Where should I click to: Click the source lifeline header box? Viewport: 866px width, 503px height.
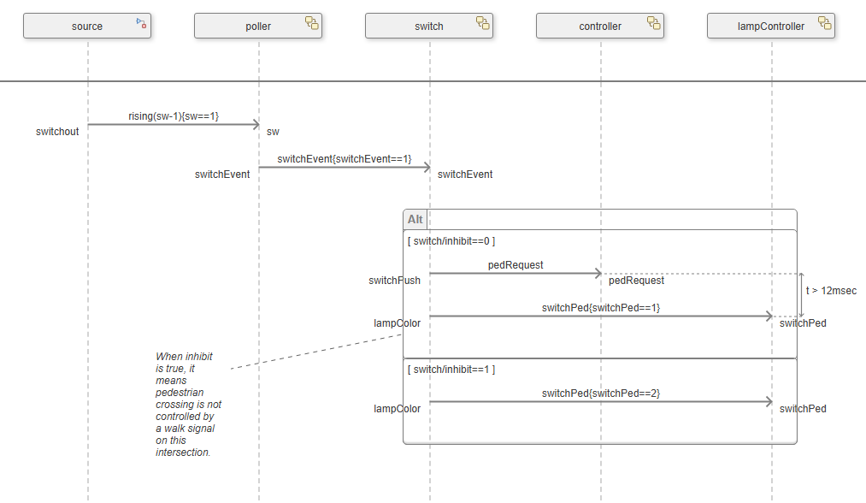(87, 27)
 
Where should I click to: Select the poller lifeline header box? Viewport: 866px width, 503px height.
(258, 27)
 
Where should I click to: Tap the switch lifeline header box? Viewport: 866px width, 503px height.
(429, 27)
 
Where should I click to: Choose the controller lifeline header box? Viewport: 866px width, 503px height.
(600, 27)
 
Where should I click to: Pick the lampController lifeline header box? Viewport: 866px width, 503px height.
(771, 27)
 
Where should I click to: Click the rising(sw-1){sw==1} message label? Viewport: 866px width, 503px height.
(174, 115)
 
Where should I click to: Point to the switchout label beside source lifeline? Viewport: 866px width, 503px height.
(57, 132)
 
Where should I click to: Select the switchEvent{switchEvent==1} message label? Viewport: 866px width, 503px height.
(345, 158)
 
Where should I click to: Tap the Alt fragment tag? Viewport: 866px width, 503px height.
(415, 220)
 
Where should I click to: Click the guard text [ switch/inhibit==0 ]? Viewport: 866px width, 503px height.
(451, 241)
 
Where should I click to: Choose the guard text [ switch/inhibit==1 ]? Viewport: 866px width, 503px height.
(451, 370)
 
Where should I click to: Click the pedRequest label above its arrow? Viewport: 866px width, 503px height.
(515, 265)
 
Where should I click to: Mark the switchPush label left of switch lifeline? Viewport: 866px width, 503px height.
(394, 281)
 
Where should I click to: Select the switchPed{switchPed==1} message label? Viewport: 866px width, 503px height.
(601, 307)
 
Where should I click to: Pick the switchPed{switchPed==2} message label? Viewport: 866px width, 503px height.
(601, 393)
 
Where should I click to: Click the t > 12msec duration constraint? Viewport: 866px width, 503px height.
(831, 291)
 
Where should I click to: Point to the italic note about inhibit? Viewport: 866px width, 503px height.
(187, 404)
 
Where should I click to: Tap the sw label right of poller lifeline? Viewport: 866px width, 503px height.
(273, 132)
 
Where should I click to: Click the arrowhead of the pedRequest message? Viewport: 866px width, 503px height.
(598, 274)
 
